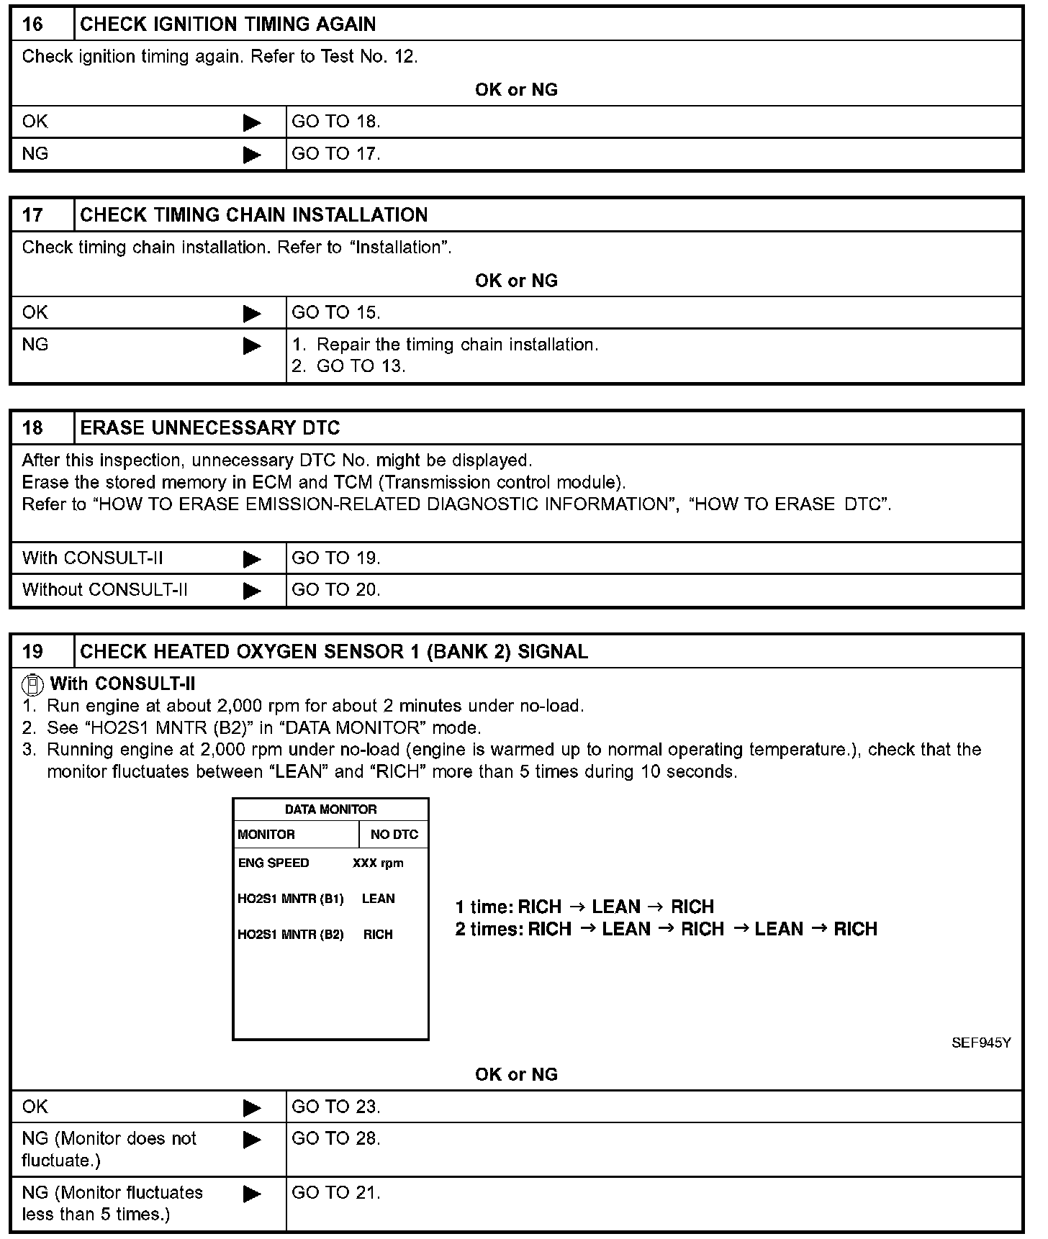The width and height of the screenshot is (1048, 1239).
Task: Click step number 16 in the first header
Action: tap(33, 24)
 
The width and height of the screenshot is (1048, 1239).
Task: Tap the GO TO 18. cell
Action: tap(335, 122)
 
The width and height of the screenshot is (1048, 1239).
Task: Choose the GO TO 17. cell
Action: tap(335, 153)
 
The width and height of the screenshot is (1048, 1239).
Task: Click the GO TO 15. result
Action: tap(335, 312)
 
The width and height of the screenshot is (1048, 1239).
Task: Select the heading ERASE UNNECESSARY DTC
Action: tap(209, 428)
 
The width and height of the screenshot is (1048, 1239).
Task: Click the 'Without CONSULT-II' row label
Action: tap(105, 590)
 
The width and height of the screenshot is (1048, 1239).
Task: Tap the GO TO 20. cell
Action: tap(335, 590)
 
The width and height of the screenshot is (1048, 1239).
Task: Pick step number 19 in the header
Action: tap(33, 652)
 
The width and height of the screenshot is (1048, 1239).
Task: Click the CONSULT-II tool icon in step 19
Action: tap(31, 684)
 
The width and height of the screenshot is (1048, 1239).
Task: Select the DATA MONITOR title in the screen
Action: tap(330, 809)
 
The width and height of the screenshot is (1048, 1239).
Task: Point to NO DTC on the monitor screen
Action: tap(394, 835)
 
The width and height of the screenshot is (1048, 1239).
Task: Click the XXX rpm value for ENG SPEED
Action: tap(378, 863)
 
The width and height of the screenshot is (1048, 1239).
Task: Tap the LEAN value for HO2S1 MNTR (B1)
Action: tap(378, 899)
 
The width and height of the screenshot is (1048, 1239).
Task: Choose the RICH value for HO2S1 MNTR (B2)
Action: tap(378, 935)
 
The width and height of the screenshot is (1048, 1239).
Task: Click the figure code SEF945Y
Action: tap(981, 1043)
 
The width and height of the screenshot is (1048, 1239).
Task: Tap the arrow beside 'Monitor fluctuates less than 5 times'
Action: tap(253, 1194)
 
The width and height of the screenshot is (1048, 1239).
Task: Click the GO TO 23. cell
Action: tap(335, 1107)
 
